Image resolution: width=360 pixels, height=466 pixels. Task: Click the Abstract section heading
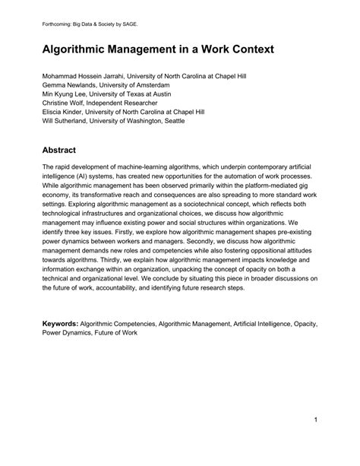pos(65,151)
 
